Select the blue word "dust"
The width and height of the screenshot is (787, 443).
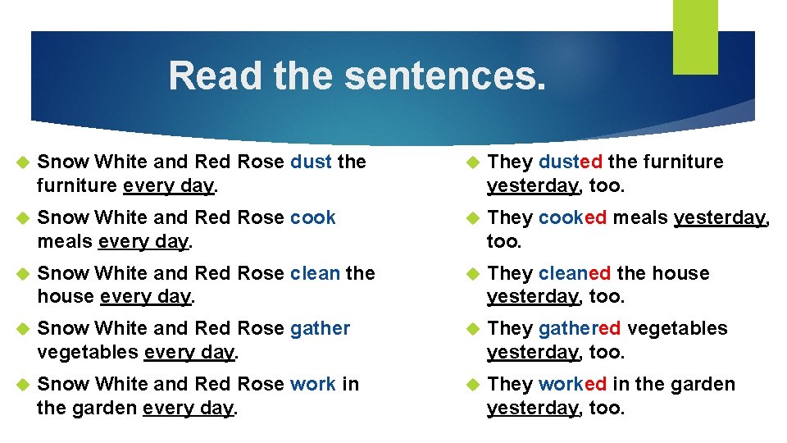(312, 162)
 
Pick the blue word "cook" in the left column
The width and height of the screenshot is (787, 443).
(313, 217)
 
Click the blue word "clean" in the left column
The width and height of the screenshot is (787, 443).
(316, 273)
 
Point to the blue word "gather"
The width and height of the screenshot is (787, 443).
(321, 328)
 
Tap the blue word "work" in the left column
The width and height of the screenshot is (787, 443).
(313, 384)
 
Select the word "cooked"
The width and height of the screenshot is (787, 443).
(573, 217)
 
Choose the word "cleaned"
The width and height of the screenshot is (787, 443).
(575, 273)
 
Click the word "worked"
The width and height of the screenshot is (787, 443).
(573, 384)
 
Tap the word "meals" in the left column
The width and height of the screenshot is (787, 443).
(65, 241)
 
